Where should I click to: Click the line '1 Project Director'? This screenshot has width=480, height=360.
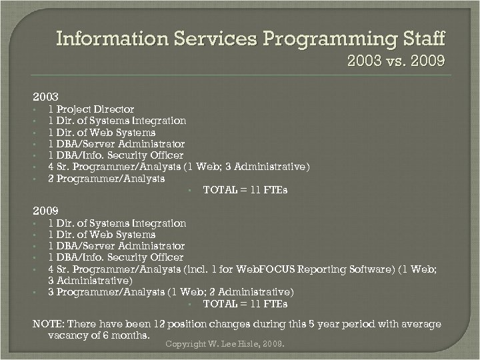pos(91,109)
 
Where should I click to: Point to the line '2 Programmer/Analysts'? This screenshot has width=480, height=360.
pos(106,178)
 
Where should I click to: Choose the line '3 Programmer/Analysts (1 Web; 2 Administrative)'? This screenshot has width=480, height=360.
pos(170,292)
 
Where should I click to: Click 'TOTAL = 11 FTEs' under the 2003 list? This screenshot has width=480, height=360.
pos(245,190)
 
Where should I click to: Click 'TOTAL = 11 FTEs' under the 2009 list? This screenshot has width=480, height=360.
pos(245,304)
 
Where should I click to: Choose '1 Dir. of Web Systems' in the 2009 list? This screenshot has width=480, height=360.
pos(101,235)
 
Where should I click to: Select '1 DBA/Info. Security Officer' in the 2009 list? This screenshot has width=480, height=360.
pos(115,257)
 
